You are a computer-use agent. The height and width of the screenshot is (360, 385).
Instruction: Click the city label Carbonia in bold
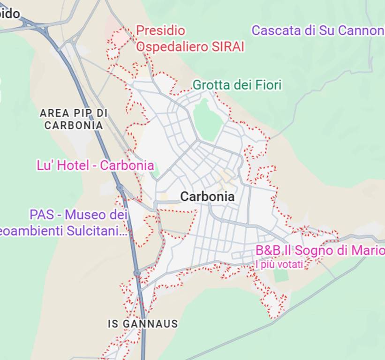pos(207,197)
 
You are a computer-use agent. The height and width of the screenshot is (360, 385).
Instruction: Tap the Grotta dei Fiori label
pos(237,85)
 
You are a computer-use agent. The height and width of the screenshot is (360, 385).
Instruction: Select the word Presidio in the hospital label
pos(160,31)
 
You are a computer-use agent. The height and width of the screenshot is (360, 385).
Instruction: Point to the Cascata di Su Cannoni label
pos(318,30)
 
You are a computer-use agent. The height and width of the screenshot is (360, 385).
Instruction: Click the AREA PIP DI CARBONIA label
pos(74,119)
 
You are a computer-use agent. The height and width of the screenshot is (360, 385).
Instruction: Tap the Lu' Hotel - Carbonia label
pos(95,165)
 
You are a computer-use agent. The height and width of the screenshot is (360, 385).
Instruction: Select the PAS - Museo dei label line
pos(78,215)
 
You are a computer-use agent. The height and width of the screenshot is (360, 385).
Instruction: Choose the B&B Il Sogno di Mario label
pos(320,251)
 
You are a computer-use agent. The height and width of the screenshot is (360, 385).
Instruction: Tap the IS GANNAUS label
pos(143,324)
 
